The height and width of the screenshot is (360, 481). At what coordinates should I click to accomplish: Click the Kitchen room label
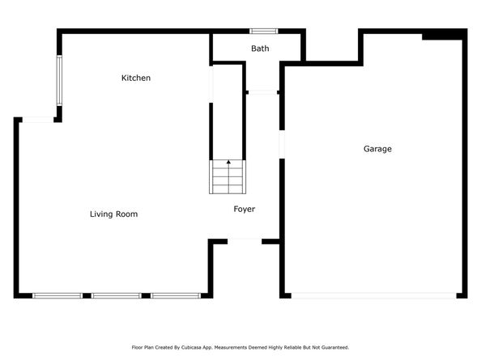pyautogui.click(x=136, y=78)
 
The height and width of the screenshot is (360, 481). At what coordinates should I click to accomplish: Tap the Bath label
pyautogui.click(x=260, y=49)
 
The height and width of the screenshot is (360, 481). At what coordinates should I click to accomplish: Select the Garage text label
pyautogui.click(x=377, y=149)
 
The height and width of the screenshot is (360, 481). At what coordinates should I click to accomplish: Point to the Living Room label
pyautogui.click(x=113, y=214)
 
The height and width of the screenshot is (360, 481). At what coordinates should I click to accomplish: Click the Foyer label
pyautogui.click(x=245, y=210)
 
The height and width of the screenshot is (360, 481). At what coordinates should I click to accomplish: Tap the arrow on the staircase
pyautogui.click(x=228, y=163)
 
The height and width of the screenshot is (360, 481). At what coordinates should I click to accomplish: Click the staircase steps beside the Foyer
pyautogui.click(x=228, y=177)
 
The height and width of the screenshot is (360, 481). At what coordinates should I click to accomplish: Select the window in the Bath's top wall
pyautogui.click(x=263, y=32)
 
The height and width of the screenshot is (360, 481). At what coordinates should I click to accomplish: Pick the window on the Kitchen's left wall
pyautogui.click(x=58, y=80)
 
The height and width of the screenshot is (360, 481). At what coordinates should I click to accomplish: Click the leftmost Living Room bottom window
pyautogui.click(x=57, y=296)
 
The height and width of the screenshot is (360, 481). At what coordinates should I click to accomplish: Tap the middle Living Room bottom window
pyautogui.click(x=117, y=296)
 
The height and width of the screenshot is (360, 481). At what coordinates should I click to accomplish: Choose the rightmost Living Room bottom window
pyautogui.click(x=176, y=296)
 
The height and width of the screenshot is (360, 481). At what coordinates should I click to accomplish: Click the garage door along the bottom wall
pyautogui.click(x=374, y=296)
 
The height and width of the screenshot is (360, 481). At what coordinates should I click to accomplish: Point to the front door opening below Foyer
pyautogui.click(x=245, y=241)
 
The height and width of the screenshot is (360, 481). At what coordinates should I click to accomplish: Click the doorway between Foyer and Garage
pyautogui.click(x=282, y=144)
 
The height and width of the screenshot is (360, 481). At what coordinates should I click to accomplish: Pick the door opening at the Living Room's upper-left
pyautogui.click(x=37, y=121)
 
